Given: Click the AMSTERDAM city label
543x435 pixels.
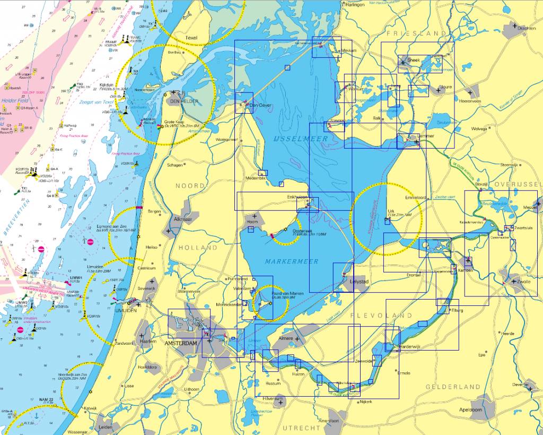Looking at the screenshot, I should pos(181,344).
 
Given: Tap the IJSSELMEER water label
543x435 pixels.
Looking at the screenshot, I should pos(301,139).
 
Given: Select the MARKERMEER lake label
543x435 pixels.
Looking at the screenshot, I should pos(292,261).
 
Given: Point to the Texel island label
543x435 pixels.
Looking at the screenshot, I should pos(191,38).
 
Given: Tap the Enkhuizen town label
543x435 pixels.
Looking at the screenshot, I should pos(297,197).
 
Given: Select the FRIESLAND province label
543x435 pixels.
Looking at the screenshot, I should pos(416,33).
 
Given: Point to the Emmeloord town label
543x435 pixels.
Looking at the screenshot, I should pos(416,198).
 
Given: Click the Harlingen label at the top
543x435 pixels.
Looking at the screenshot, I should pos(355,4).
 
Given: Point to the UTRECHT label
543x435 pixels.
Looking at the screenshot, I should pos(301,428).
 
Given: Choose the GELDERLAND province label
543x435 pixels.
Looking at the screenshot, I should pos(453,387).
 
